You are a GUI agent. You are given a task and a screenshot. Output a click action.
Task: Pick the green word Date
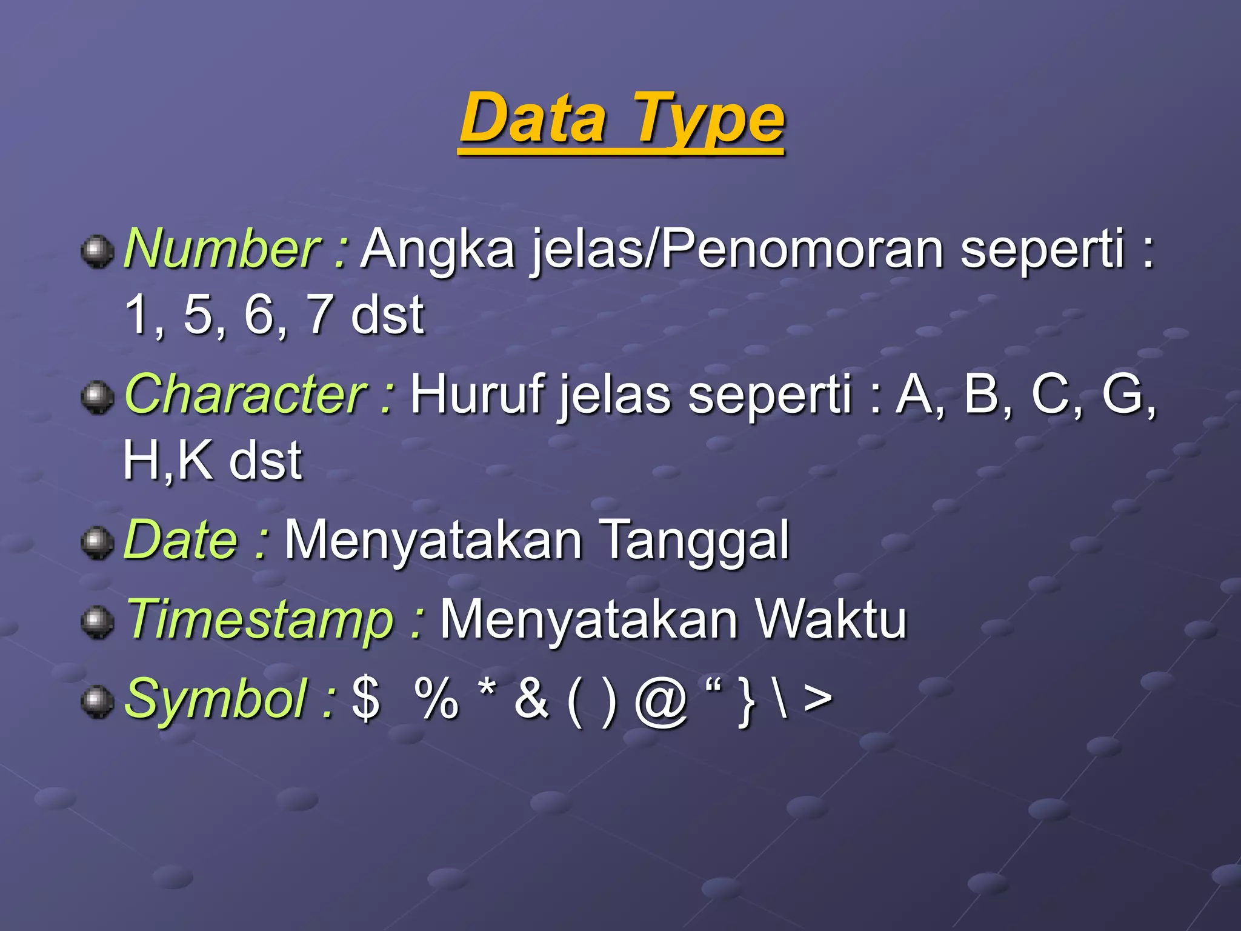click(x=181, y=539)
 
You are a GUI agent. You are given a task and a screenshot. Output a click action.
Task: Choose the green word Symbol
click(x=215, y=699)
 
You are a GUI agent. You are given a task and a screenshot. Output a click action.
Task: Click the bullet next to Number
click(x=97, y=251)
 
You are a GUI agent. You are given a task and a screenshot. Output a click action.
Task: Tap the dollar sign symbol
click(x=366, y=699)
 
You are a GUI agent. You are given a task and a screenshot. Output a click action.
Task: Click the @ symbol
click(x=660, y=701)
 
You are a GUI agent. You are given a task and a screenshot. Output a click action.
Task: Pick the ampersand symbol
click(x=531, y=699)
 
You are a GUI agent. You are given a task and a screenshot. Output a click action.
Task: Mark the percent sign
click(x=436, y=699)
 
